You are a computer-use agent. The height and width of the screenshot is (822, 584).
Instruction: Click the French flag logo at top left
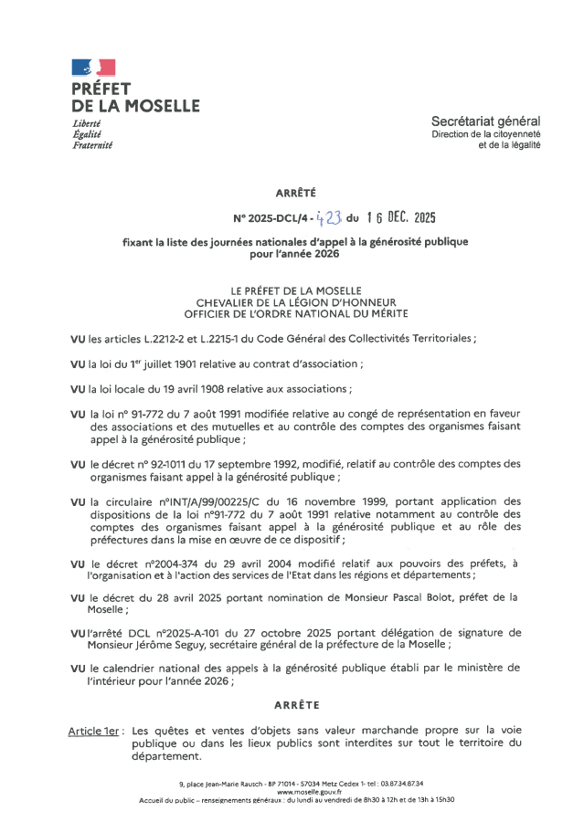click(x=93, y=67)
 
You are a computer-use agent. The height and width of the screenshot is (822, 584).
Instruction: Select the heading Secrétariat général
click(x=486, y=121)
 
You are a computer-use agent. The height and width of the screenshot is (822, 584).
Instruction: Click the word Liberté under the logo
click(x=86, y=123)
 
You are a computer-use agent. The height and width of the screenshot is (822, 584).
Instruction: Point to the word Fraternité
click(x=91, y=145)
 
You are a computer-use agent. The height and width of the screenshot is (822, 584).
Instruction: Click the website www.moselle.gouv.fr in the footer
click(x=291, y=791)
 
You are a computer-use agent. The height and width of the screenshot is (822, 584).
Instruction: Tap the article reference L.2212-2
click(x=163, y=339)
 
